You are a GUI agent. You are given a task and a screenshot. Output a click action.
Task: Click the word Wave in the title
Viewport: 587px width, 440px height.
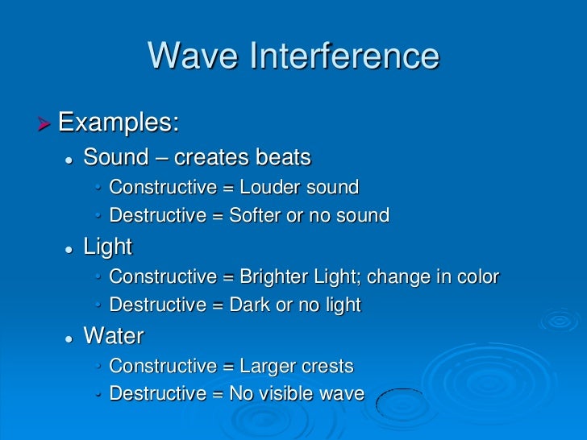(x=194, y=56)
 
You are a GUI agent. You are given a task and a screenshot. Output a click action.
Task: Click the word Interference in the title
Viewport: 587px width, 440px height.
(x=347, y=56)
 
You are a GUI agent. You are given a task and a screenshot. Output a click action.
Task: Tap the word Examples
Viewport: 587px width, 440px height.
(x=119, y=123)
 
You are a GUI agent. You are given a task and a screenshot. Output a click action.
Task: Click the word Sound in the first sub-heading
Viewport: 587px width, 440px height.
(x=116, y=156)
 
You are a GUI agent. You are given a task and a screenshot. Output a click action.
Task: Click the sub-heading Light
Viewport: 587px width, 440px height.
(x=107, y=247)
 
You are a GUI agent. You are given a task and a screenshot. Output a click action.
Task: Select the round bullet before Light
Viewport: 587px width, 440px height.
(x=69, y=248)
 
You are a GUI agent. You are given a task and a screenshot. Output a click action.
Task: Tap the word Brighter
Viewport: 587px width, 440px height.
(x=275, y=277)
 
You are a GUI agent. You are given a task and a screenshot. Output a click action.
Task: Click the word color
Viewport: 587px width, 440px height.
(x=476, y=277)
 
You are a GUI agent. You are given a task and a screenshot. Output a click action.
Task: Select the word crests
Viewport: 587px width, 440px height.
(x=327, y=367)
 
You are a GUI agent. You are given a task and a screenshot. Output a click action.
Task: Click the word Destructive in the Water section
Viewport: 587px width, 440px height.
(x=158, y=394)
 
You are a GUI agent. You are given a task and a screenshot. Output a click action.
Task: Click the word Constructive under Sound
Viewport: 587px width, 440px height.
(x=162, y=188)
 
